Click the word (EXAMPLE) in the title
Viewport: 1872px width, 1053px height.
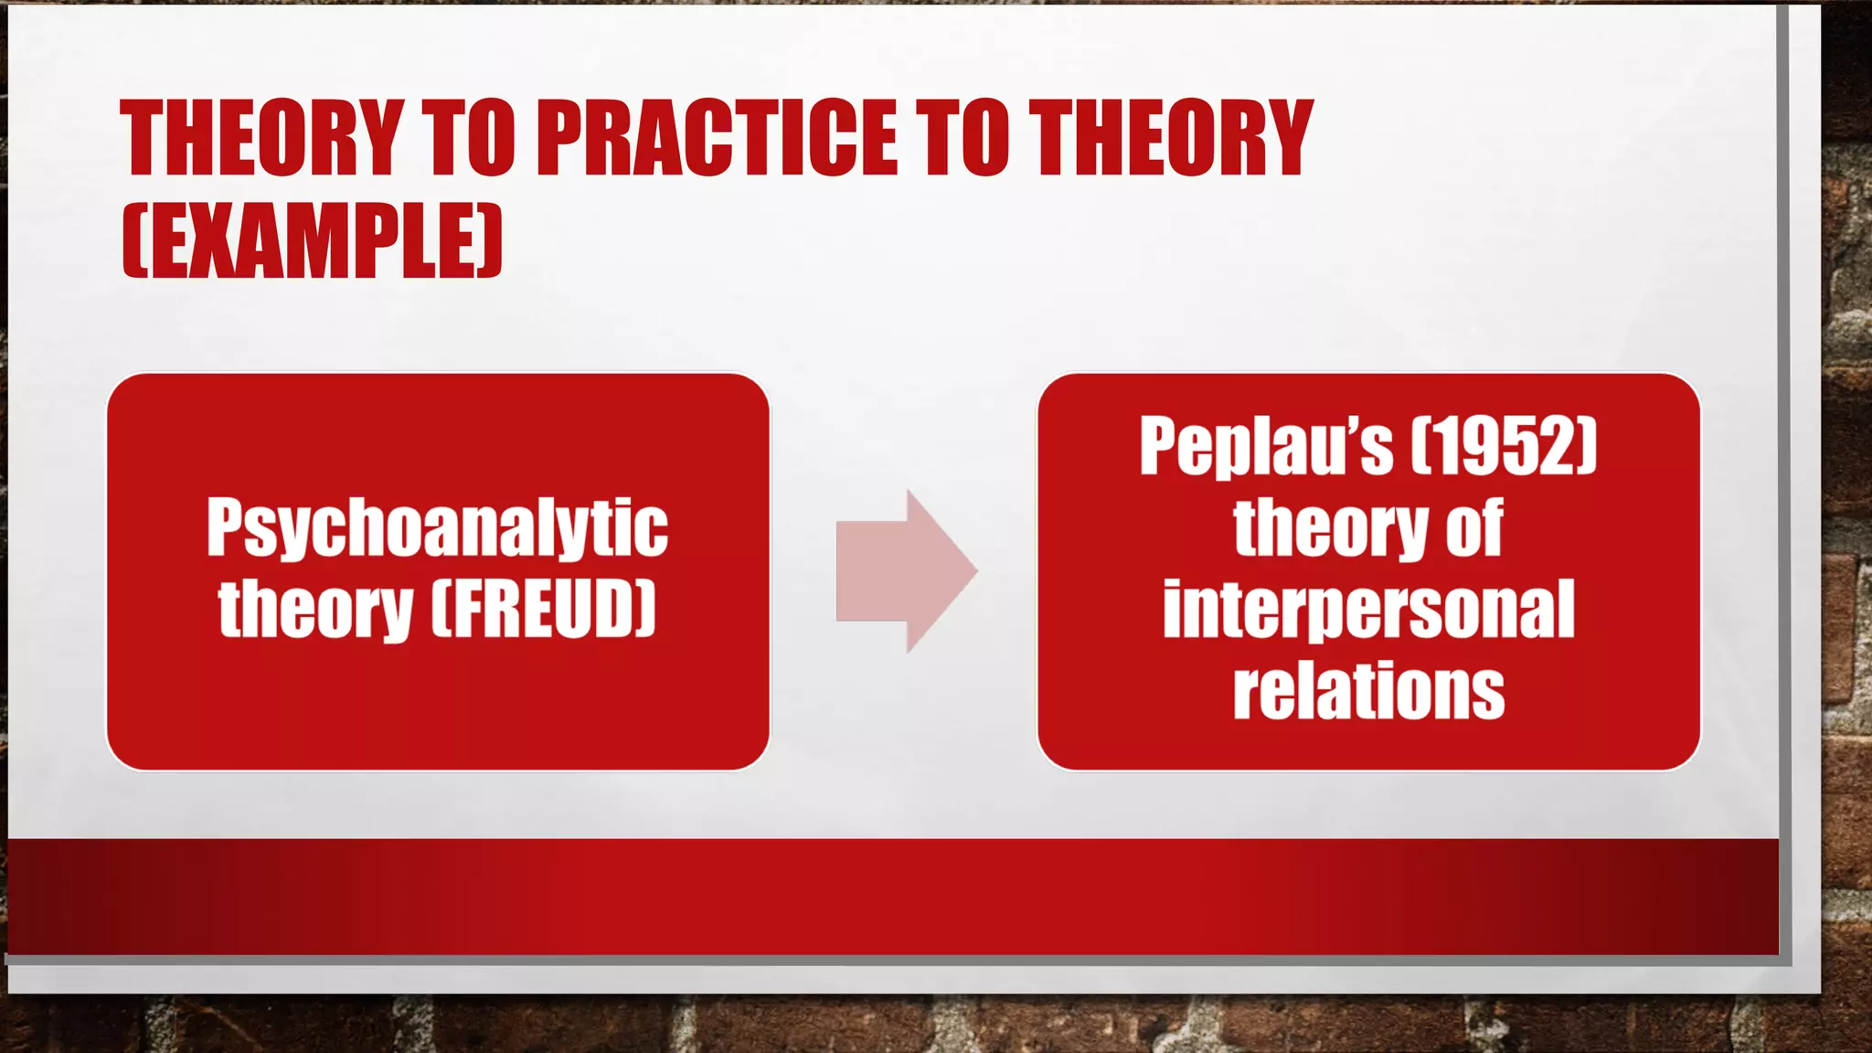[313, 240]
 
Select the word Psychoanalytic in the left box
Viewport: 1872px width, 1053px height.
[437, 527]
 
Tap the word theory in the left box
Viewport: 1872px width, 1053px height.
[315, 610]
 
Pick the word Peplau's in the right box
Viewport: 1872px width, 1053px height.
[1266, 447]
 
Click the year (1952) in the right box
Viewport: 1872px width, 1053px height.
[1505, 446]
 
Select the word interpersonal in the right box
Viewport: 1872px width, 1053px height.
[1368, 611]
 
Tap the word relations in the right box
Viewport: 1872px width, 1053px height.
[1368, 691]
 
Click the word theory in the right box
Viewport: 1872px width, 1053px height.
[1330, 528]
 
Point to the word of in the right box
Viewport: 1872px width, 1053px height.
[1474, 527]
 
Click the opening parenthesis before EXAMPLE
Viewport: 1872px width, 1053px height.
[133, 240]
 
